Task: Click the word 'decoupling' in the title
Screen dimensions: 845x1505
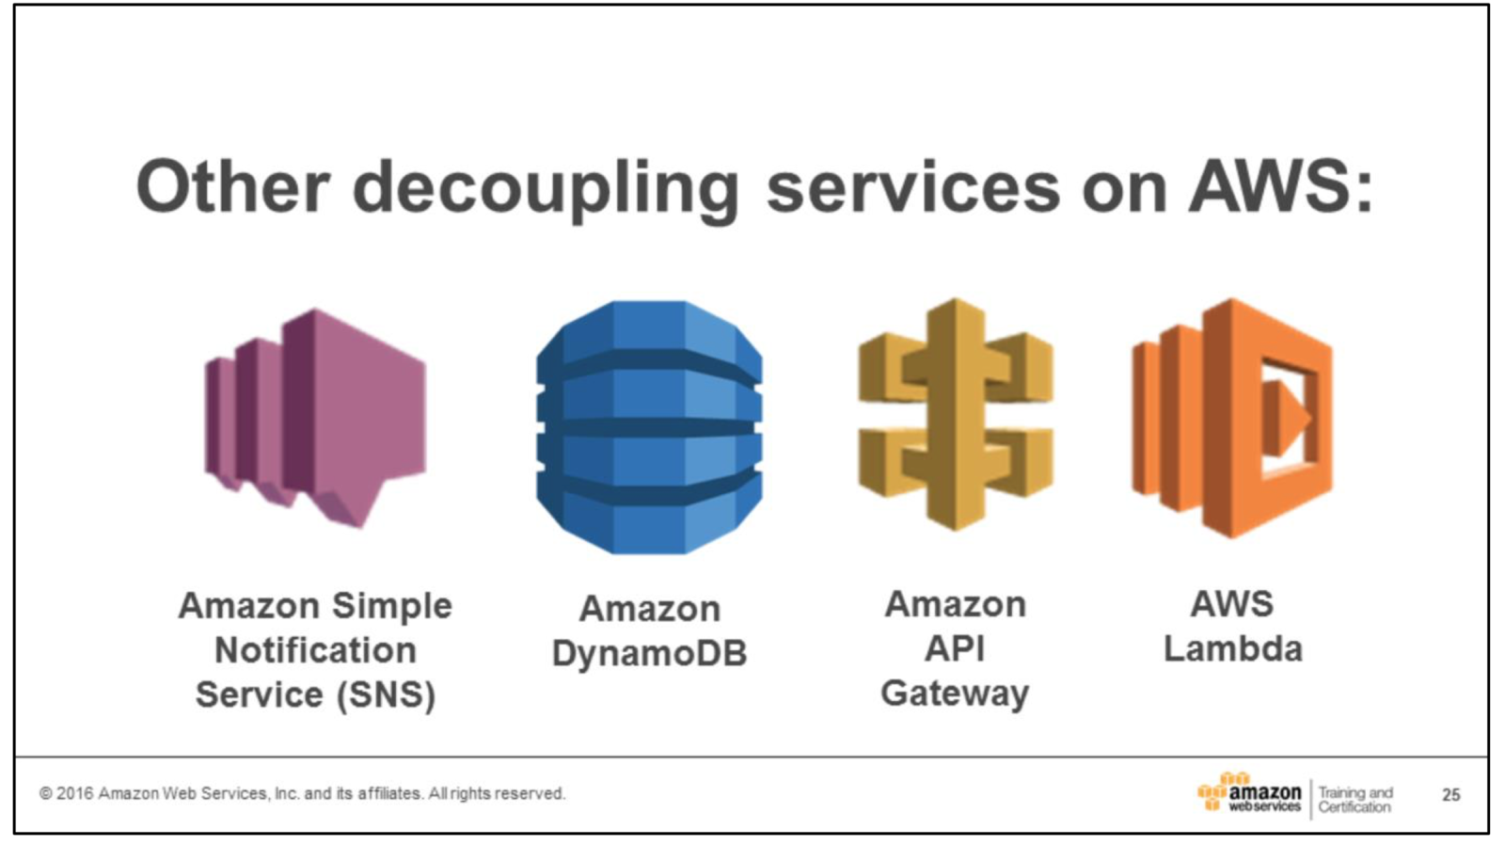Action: click(546, 188)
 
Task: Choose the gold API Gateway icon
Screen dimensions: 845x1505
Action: click(956, 415)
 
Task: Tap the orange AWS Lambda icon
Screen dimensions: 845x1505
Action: click(1232, 418)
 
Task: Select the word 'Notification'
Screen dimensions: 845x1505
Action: click(315, 650)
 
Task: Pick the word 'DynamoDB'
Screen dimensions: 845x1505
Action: click(649, 653)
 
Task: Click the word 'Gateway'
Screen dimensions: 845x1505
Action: click(955, 694)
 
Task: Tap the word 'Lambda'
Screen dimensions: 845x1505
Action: click(1232, 649)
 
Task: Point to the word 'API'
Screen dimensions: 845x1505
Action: click(955, 649)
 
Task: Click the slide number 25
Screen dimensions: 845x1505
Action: click(1451, 795)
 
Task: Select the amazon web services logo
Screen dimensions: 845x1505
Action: click(1250, 793)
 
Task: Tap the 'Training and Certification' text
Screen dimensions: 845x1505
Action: click(1354, 799)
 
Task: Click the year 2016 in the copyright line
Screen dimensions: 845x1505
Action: click(75, 793)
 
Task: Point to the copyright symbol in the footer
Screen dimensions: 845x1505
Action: click(45, 793)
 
